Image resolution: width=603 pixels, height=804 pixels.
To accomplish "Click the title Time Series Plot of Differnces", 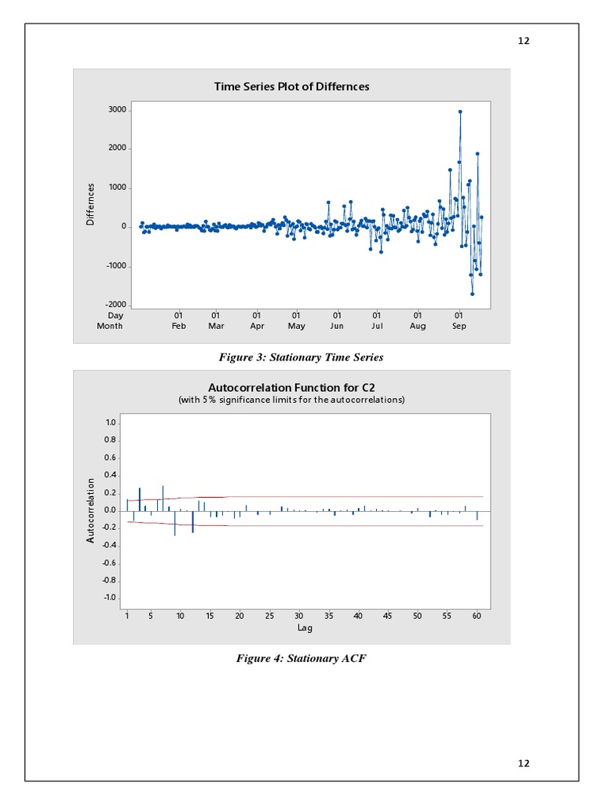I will (x=291, y=86).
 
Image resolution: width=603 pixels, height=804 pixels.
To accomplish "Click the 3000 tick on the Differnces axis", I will (x=116, y=110).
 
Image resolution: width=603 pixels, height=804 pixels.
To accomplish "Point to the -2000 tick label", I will (x=115, y=305).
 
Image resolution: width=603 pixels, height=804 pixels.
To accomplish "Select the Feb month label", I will (x=178, y=326).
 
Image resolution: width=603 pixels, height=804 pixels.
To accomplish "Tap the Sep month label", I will (x=459, y=326).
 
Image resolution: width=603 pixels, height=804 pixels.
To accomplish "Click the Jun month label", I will (x=337, y=326).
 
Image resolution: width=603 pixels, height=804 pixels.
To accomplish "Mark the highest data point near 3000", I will (x=460, y=111).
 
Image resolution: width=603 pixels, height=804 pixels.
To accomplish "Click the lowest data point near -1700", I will (x=472, y=294).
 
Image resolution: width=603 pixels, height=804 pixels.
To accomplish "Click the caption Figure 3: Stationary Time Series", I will (x=301, y=357).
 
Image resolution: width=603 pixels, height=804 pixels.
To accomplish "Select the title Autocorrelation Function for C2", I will (x=291, y=387).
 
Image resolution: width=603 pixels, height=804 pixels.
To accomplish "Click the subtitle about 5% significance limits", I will (x=291, y=400).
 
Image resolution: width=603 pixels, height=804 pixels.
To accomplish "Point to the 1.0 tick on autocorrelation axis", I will (x=111, y=422).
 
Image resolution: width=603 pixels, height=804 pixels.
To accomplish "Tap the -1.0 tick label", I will (x=109, y=598).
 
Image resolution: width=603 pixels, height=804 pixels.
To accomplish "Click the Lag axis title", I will (x=305, y=628).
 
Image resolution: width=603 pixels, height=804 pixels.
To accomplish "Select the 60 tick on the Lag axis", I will (x=477, y=616).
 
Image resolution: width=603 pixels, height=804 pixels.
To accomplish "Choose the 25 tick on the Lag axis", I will (x=269, y=616).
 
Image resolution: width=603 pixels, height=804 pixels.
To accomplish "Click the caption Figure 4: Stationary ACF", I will (x=301, y=658).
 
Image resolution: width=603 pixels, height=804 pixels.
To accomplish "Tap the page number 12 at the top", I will (x=524, y=41).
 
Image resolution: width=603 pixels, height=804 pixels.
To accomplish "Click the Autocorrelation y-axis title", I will (x=91, y=510).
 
